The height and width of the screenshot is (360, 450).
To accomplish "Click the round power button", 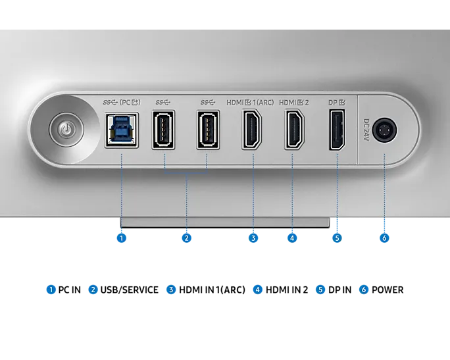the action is [x=66, y=130].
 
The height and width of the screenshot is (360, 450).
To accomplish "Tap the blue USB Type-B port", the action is [x=122, y=130].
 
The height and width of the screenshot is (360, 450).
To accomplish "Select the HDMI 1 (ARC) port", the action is [x=252, y=130].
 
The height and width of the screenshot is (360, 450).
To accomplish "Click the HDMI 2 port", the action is [x=294, y=130].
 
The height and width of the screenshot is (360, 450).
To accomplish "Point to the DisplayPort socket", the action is [x=337, y=130].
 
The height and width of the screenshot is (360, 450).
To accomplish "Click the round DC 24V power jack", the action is [x=385, y=130].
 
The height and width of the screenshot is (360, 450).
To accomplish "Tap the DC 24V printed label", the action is [x=366, y=130].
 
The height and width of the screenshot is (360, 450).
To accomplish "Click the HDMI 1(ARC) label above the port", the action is [x=250, y=103].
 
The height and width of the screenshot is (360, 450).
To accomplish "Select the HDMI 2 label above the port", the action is [x=294, y=103].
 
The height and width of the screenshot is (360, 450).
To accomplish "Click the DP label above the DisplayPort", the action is [x=337, y=102].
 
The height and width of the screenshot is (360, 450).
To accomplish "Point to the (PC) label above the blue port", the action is [x=130, y=102].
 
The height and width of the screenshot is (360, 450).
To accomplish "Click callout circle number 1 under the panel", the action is [x=122, y=238].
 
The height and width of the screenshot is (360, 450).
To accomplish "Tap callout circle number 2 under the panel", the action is [x=187, y=238].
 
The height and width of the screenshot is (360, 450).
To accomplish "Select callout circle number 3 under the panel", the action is [x=253, y=238].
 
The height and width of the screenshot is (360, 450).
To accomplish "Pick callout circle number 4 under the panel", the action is [x=292, y=238].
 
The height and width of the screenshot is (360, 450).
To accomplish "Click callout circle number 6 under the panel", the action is [x=384, y=238].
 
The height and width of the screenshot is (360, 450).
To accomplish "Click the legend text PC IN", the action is [x=70, y=290].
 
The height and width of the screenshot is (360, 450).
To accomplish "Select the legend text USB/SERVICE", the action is [x=129, y=290].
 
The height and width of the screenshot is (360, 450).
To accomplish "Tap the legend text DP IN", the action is [x=339, y=290].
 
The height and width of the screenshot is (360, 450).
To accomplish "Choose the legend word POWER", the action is [x=387, y=290].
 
